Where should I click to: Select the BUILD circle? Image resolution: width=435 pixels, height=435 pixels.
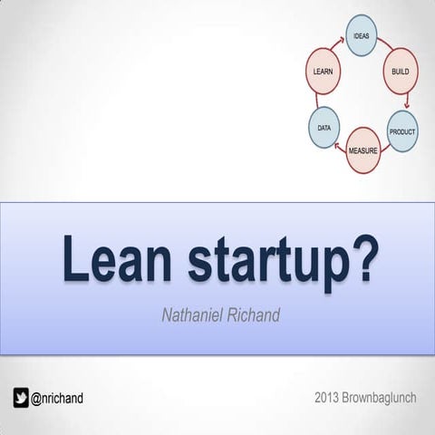pos(400,72)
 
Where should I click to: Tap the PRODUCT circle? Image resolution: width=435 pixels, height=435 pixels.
pos(401,131)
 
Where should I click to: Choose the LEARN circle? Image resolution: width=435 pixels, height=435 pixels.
pos(321,71)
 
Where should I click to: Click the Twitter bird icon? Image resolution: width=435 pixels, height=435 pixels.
pos(21,397)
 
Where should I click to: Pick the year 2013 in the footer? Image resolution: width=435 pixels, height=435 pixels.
pos(329,397)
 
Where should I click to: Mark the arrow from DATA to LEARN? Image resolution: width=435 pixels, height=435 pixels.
pos(318,101)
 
